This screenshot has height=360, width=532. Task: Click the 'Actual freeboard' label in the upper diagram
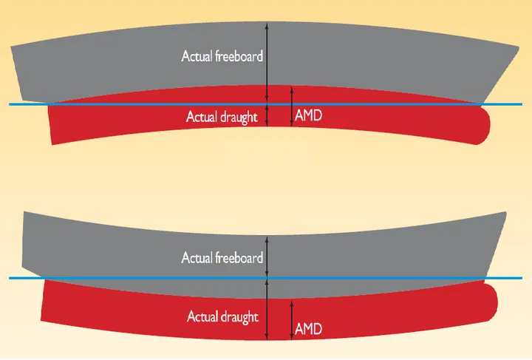coord(222,55)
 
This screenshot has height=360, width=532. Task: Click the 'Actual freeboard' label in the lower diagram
coord(222,258)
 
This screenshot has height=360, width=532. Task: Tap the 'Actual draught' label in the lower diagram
coord(222,317)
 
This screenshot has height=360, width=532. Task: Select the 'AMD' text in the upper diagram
coord(308,116)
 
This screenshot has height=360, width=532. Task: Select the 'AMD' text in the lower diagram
coord(308,327)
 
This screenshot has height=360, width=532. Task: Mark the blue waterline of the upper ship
coord(148,104)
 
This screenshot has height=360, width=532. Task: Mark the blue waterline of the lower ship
coord(148,278)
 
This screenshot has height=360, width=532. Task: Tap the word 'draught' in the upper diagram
coord(239,117)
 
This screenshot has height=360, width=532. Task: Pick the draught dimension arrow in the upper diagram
coord(267,115)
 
